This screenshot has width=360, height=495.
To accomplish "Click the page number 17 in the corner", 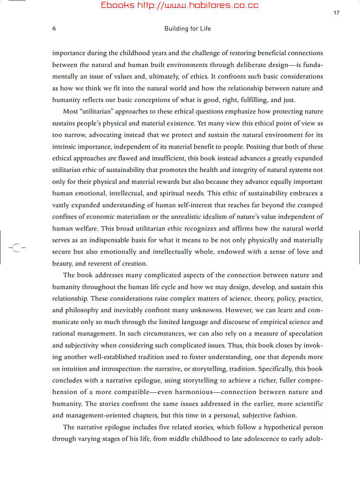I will pyautogui.click(x=336, y=12).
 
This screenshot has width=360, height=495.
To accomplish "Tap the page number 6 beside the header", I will pyautogui.click(x=54, y=29).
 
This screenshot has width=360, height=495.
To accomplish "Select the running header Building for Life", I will pyautogui.click(x=187, y=29).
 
